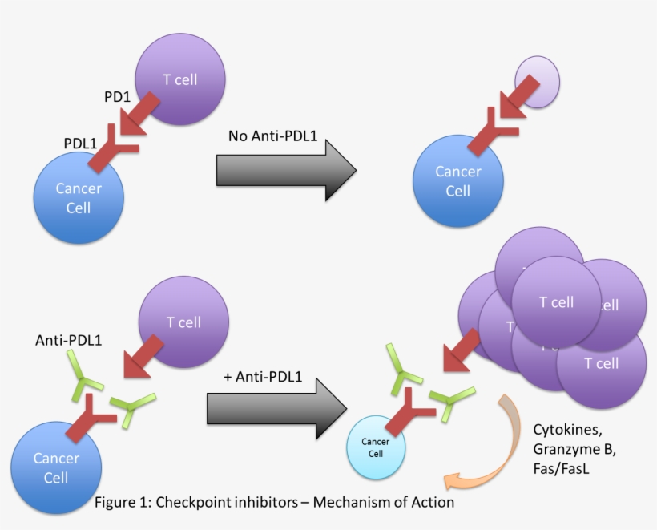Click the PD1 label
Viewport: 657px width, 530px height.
pyautogui.click(x=117, y=97)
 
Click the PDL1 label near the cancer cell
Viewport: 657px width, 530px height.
pyautogui.click(x=80, y=143)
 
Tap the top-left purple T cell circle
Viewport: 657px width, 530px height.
pyautogui.click(x=179, y=80)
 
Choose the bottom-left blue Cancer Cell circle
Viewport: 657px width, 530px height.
pyautogui.click(x=56, y=467)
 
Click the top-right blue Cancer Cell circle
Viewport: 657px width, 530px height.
pyautogui.click(x=457, y=181)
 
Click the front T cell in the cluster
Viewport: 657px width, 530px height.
pyautogui.click(x=556, y=302)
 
